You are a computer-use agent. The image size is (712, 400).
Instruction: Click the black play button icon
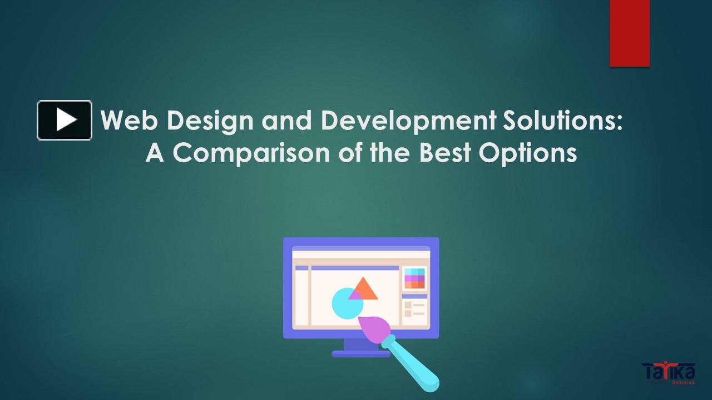(65, 120)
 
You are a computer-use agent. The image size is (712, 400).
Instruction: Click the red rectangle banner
(629, 33)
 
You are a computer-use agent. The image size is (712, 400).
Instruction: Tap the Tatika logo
(667, 373)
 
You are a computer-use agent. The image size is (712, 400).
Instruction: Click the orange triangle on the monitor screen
(365, 289)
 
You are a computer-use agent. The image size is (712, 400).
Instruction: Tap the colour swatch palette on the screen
(414, 278)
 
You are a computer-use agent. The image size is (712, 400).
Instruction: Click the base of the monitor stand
(356, 353)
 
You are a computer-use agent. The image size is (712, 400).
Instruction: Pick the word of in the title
(349, 153)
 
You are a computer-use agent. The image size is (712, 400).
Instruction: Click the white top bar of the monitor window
(361, 254)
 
